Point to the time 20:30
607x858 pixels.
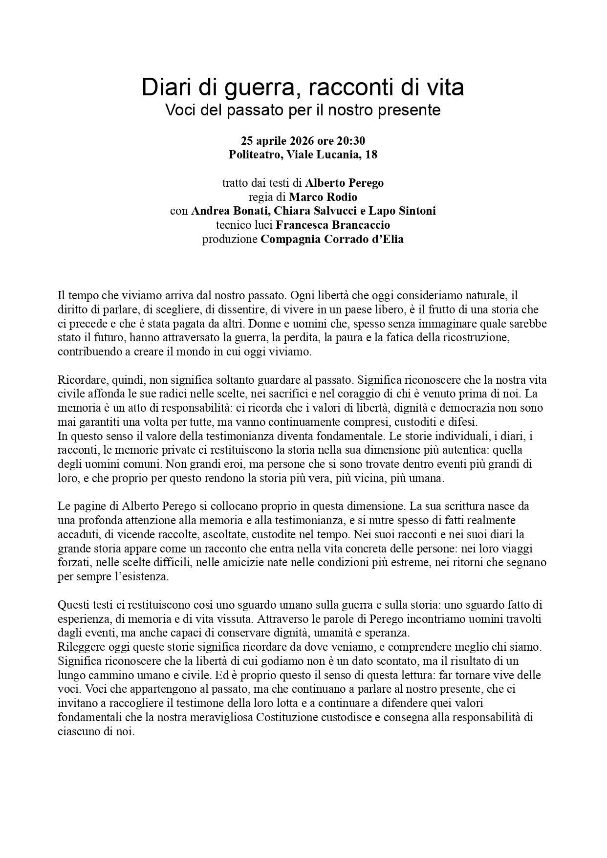click(x=351, y=141)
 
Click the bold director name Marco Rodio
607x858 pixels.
click(x=323, y=197)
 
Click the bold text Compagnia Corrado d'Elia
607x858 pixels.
click(x=332, y=239)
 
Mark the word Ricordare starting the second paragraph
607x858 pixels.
click(x=79, y=380)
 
